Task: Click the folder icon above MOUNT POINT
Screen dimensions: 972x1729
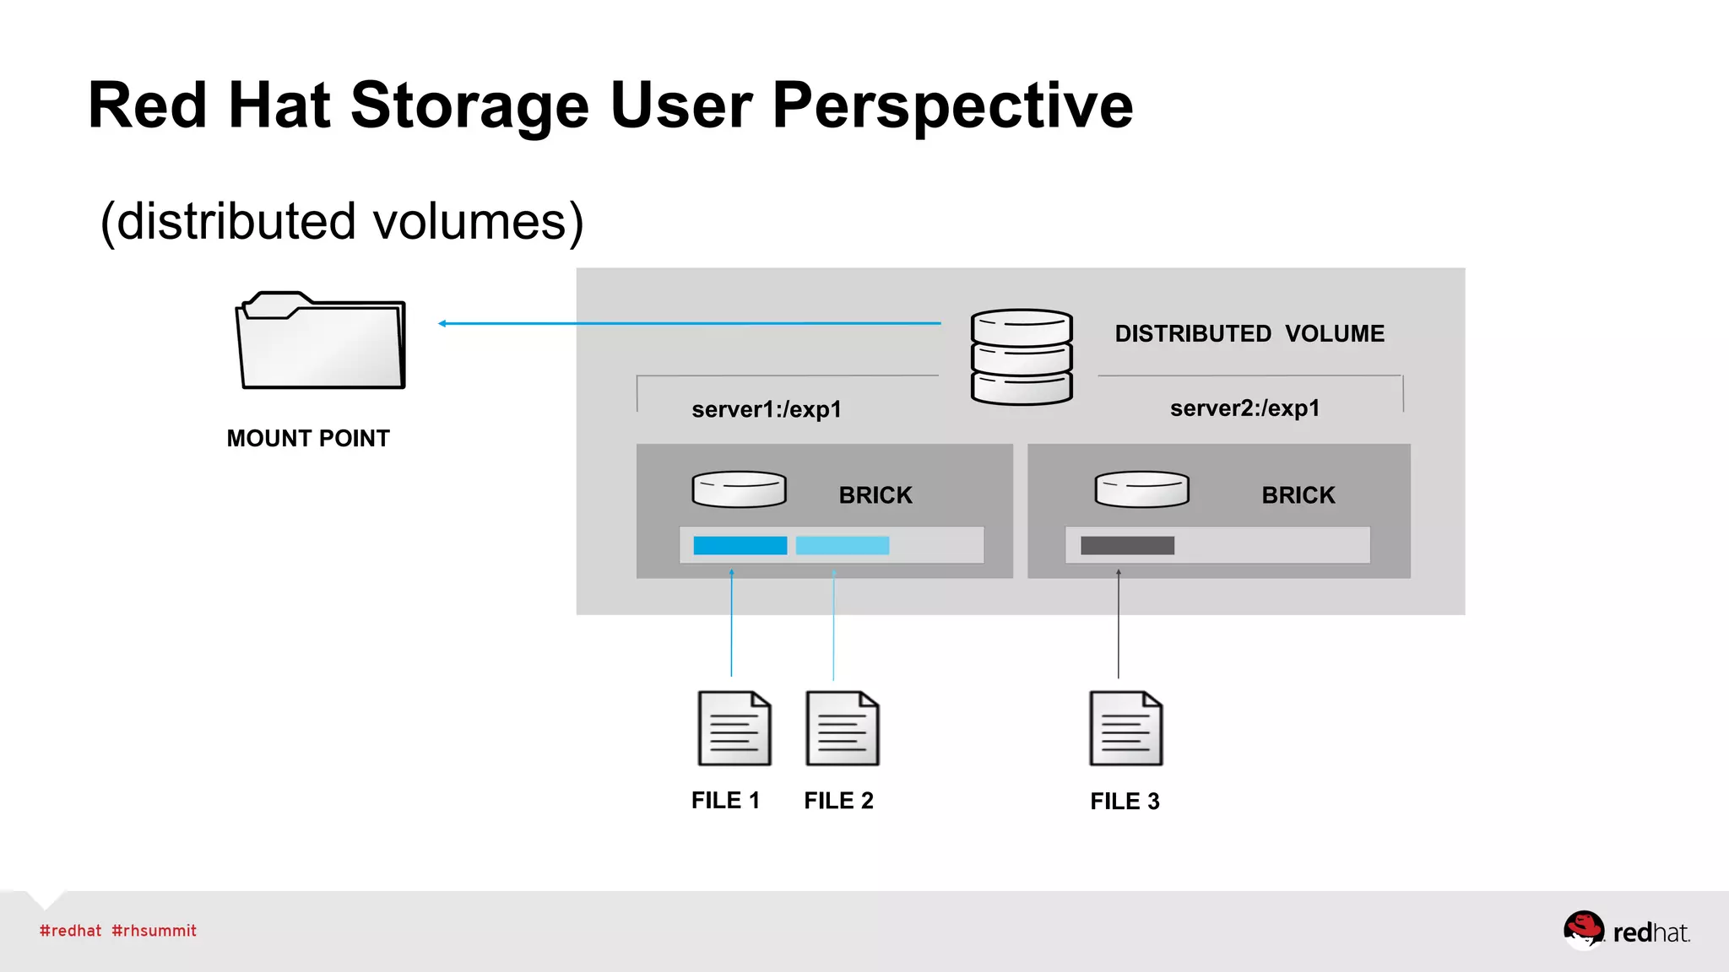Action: [321, 342]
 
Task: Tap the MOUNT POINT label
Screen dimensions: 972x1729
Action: [308, 439]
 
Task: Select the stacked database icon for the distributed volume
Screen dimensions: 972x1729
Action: [1022, 357]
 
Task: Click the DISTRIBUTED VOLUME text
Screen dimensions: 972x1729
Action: [1249, 334]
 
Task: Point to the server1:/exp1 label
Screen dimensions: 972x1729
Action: [767, 410]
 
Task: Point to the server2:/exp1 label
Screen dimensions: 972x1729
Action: [1244, 408]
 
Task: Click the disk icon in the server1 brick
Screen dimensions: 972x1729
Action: [739, 489]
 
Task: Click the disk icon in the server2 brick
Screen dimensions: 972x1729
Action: [1141, 489]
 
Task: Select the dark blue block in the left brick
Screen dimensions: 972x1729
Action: [740, 546]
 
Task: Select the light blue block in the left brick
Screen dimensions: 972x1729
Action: [842, 546]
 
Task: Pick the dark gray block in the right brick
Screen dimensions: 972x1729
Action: [1127, 546]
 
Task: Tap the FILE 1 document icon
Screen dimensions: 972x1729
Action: [734, 728]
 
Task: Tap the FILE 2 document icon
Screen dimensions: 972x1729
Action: [842, 728]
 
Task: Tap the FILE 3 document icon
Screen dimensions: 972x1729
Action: [1125, 728]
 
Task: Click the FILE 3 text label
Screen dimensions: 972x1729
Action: [1125, 802]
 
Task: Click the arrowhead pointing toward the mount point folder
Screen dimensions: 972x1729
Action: [442, 323]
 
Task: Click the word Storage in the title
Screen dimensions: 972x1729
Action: [469, 106]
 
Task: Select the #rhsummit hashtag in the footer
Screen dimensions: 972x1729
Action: [154, 931]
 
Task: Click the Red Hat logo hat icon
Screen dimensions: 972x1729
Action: [1583, 929]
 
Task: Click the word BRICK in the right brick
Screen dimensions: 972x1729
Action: [1298, 495]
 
